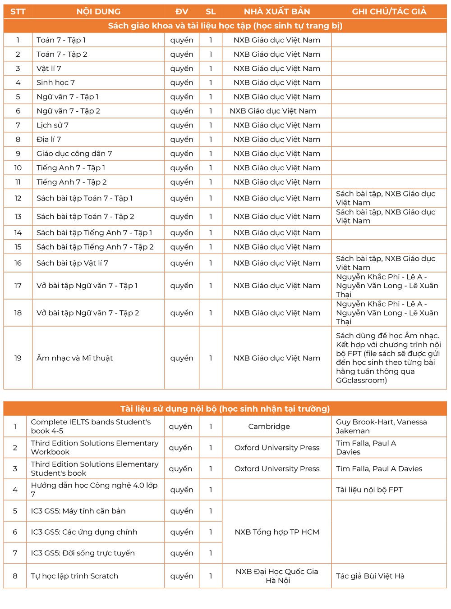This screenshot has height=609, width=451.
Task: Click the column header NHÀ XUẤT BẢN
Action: [276, 11]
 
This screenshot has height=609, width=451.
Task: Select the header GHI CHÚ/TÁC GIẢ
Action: [389, 11]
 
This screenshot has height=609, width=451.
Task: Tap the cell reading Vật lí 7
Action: [49, 68]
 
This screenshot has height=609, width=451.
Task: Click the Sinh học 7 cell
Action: [55, 82]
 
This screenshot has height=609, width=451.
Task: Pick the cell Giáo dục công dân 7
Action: [74, 154]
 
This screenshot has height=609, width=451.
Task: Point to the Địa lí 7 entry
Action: [49, 139]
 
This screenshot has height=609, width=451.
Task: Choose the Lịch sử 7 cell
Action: [52, 125]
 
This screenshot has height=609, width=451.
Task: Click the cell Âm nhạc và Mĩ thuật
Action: [74, 358]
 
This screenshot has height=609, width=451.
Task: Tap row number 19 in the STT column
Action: [18, 358]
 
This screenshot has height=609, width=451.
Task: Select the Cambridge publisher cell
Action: [269, 426]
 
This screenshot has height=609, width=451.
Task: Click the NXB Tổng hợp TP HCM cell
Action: [276, 532]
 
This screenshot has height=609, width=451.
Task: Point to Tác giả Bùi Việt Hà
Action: [370, 576]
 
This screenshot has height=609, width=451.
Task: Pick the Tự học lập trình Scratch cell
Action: [74, 576]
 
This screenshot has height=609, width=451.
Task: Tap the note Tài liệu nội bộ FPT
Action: [369, 490]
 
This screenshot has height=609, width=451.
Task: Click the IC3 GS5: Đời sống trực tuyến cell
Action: [83, 553]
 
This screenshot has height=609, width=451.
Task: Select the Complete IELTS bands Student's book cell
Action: [91, 426]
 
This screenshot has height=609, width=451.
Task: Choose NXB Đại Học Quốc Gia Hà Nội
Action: [276, 576]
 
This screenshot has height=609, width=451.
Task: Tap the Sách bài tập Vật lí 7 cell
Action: [72, 263]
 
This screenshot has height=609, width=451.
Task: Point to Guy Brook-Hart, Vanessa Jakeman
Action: [381, 426]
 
